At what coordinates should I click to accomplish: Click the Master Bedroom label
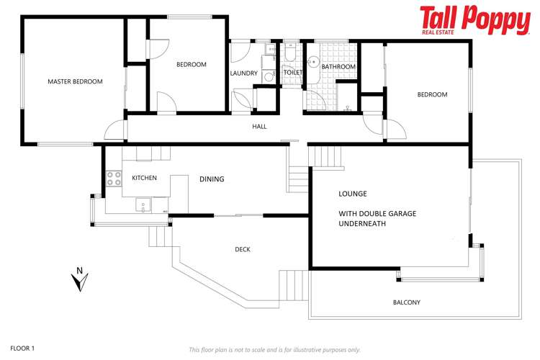click(75, 81)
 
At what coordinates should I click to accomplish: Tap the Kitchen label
click(144, 178)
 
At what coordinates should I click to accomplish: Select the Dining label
click(212, 179)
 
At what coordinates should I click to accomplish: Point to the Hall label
click(259, 127)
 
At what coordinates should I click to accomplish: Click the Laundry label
click(243, 73)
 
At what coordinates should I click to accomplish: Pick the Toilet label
click(292, 73)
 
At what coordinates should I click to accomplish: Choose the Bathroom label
click(338, 67)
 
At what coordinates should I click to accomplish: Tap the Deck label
click(243, 250)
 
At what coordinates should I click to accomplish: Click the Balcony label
click(406, 302)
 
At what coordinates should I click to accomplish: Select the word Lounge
click(353, 194)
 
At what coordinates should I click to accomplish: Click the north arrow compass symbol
click(80, 279)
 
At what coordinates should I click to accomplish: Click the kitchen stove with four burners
click(114, 178)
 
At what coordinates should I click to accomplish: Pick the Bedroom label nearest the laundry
click(191, 65)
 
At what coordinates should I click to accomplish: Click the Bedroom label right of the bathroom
click(432, 94)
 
